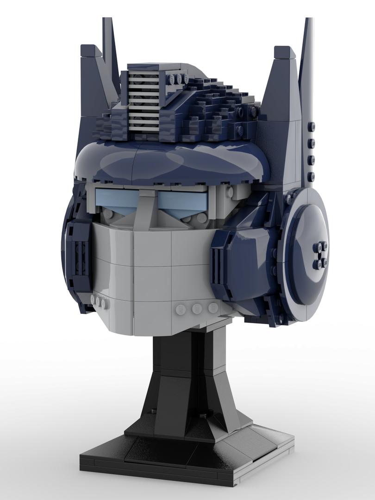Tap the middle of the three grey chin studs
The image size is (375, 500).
pos(196,308)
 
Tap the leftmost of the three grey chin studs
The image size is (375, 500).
pos(180,309)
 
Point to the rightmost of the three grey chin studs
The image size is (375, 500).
pos(213,307)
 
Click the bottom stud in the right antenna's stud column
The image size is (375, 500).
pos(311,175)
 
